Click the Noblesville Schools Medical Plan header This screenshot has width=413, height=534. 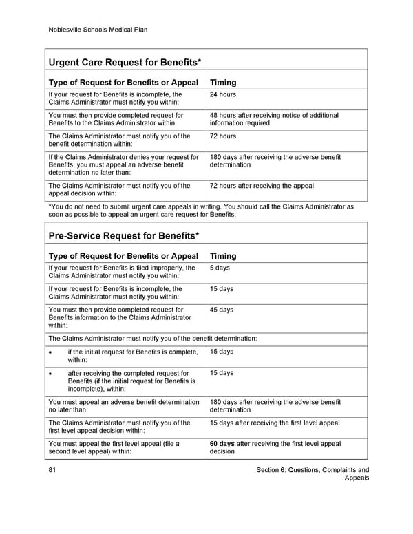pyautogui.click(x=98, y=30)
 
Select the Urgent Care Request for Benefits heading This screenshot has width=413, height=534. pyautogui.click(x=125, y=63)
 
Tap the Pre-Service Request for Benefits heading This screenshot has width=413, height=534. pyautogui.click(x=124, y=236)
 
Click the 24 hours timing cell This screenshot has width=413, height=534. pyautogui.click(x=222, y=94)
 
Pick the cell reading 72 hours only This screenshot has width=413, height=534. pyautogui.click(x=222, y=136)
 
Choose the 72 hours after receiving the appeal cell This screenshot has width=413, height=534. pyautogui.click(x=262, y=186)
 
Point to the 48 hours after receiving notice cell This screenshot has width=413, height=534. pyautogui.click(x=274, y=120)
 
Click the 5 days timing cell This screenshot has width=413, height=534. pyautogui.click(x=220, y=268)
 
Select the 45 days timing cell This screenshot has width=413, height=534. pyautogui.click(x=222, y=310)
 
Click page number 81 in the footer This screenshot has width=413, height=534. pyautogui.click(x=53, y=471)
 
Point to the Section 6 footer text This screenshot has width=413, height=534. pyautogui.click(x=312, y=474)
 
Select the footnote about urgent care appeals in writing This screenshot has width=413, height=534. pyautogui.click(x=201, y=210)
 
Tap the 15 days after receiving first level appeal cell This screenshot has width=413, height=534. pyautogui.click(x=275, y=423)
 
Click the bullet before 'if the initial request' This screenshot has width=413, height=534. pyautogui.click(x=51, y=352)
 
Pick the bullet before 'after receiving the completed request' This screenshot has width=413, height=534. pyautogui.click(x=51, y=374)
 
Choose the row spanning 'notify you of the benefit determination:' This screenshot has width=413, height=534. pyautogui.click(x=153, y=339)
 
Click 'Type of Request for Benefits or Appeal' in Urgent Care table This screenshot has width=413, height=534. pyautogui.click(x=124, y=83)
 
